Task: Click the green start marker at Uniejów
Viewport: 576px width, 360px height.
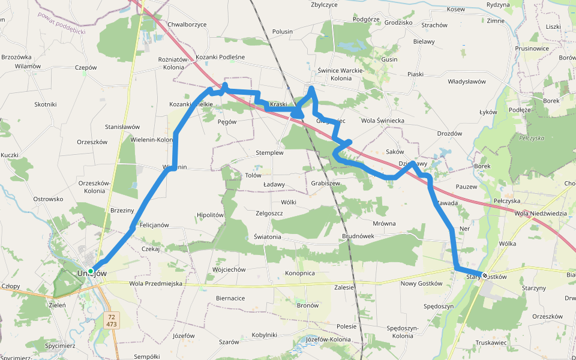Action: [91, 271]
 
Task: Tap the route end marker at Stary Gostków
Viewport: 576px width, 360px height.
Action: [484, 275]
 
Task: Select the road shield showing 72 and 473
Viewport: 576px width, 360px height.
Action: [111, 320]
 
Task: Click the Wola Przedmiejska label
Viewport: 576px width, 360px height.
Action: [155, 283]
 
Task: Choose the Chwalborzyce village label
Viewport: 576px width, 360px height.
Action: [187, 25]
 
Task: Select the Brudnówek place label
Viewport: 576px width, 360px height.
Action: [358, 236]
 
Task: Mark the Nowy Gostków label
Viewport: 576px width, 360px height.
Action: [421, 283]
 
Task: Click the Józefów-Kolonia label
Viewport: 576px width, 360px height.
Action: [328, 339]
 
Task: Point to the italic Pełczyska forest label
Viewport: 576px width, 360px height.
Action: [532, 138]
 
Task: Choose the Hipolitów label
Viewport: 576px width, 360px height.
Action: [210, 215]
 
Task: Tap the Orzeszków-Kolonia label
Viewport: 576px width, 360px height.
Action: [95, 187]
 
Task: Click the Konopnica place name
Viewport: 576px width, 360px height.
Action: [300, 273]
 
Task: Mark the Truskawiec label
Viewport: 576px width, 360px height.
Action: [492, 343]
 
